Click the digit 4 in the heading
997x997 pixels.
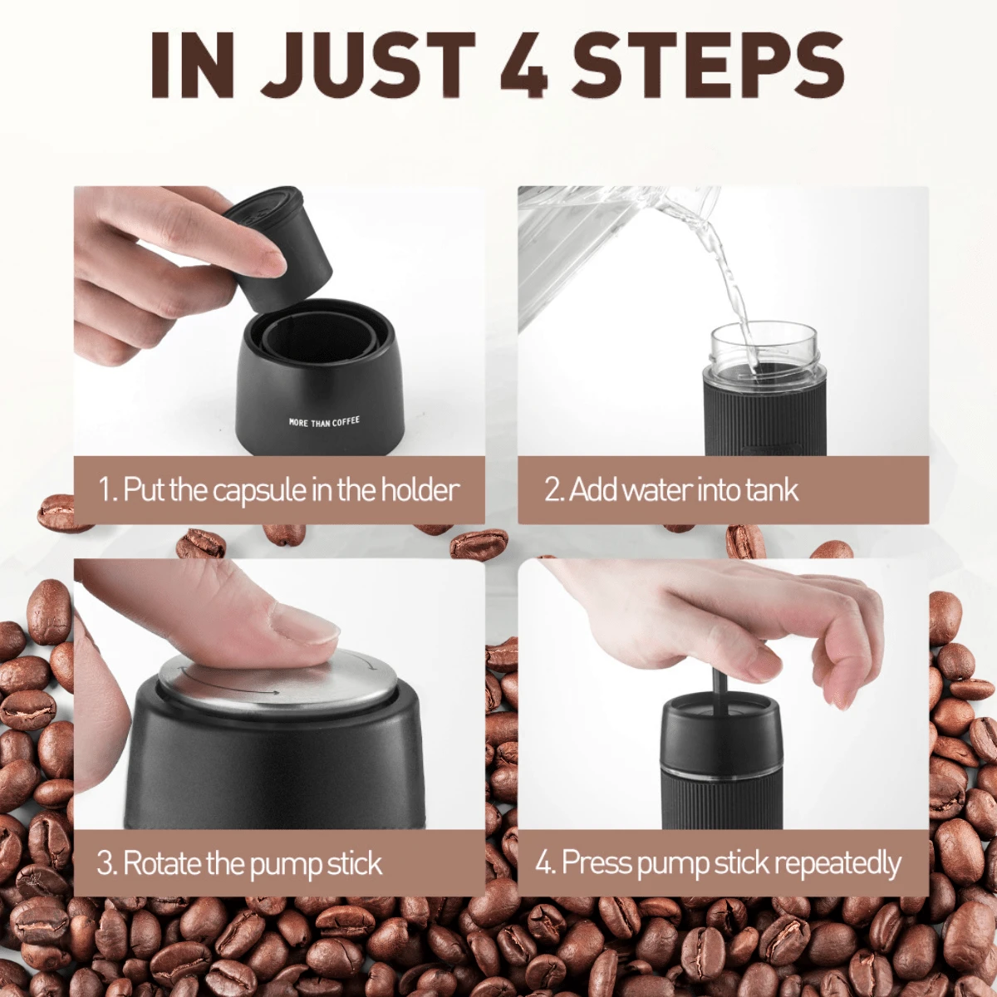(524, 66)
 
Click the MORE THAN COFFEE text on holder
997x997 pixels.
(324, 422)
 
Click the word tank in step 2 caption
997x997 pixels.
(772, 490)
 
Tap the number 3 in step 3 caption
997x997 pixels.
(106, 863)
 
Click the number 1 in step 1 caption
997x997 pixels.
(106, 490)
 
